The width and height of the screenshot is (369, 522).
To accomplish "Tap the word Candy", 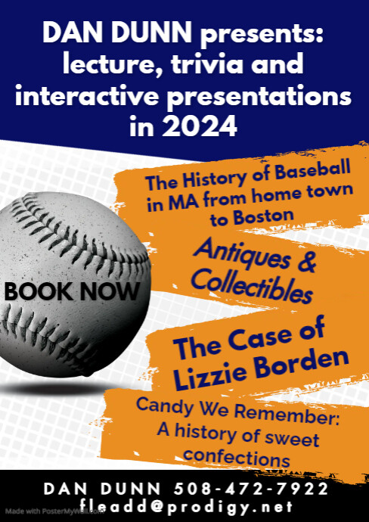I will point(161,405).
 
